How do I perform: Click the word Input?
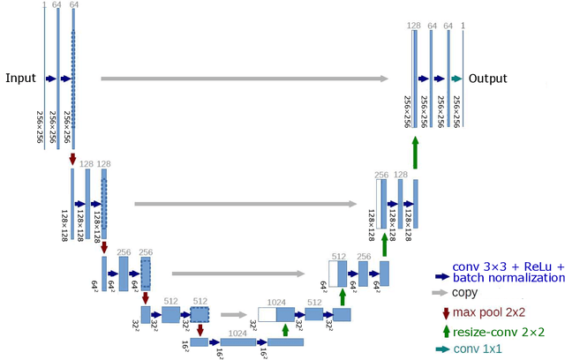pos(20,78)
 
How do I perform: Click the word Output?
pos(488,78)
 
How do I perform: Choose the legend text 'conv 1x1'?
pos(478,350)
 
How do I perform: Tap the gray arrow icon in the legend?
pos(440,291)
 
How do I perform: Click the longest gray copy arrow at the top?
pos(244,79)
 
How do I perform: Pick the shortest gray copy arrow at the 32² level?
pos(234,313)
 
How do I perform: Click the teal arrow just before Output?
pos(456,79)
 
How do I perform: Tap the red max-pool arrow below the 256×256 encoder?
pos(72,159)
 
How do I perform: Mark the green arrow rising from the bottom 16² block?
pos(285,330)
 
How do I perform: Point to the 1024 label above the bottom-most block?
pos(237,333)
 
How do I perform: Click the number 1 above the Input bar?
pos(43,5)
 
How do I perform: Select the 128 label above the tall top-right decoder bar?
pos(413,26)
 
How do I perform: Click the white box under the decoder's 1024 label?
pos(267,314)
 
